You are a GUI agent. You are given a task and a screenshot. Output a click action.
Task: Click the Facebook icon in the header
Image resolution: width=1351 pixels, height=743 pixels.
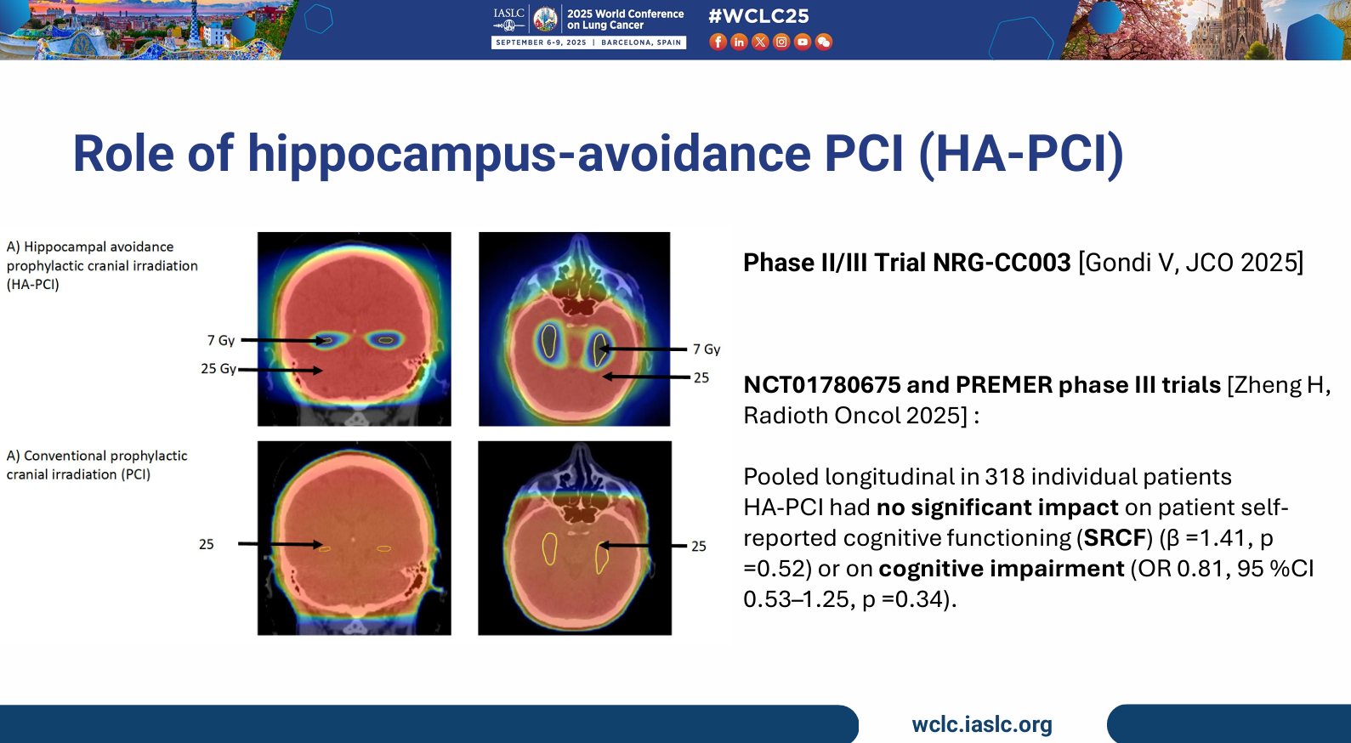point(718,42)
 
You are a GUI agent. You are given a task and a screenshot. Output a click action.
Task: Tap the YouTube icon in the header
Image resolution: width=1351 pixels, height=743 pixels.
point(802,42)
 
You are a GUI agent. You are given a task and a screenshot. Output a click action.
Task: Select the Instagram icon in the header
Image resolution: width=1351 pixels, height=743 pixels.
point(781,42)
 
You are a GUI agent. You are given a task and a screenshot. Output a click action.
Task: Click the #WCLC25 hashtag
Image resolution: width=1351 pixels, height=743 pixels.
point(758,15)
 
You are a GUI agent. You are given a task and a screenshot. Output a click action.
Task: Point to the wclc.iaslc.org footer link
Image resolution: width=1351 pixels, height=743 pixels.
point(982,724)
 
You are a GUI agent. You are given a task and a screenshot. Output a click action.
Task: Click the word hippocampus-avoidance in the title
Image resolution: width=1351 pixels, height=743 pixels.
point(530,154)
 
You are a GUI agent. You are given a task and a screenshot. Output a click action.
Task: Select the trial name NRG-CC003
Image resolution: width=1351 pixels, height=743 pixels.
point(1002,263)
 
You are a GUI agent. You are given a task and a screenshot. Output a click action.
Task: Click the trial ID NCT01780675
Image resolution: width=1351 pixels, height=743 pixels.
point(821,385)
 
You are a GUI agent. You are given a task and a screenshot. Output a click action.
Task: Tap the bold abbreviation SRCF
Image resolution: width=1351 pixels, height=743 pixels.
point(1115,538)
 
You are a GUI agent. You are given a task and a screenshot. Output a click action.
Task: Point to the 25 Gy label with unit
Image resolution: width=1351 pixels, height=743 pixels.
point(219,368)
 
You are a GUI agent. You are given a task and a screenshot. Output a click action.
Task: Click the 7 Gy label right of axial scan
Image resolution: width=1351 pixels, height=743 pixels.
point(707,349)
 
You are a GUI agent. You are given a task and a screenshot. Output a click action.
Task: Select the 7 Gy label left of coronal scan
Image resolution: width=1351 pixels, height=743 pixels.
point(221,341)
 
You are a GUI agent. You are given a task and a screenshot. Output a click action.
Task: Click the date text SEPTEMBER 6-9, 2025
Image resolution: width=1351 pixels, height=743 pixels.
point(541,43)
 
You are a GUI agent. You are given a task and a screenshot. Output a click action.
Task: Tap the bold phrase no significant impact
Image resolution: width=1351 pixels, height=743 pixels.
point(997,508)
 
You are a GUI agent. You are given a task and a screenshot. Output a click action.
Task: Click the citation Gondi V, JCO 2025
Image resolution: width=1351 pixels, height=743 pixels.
point(1190,263)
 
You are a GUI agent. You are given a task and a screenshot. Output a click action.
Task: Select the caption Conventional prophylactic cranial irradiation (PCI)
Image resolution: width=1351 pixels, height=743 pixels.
point(97,465)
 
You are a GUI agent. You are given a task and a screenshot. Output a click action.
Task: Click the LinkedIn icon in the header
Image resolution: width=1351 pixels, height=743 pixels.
point(739,42)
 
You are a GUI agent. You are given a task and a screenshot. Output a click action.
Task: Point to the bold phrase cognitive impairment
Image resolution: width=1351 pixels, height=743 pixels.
point(1002,569)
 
